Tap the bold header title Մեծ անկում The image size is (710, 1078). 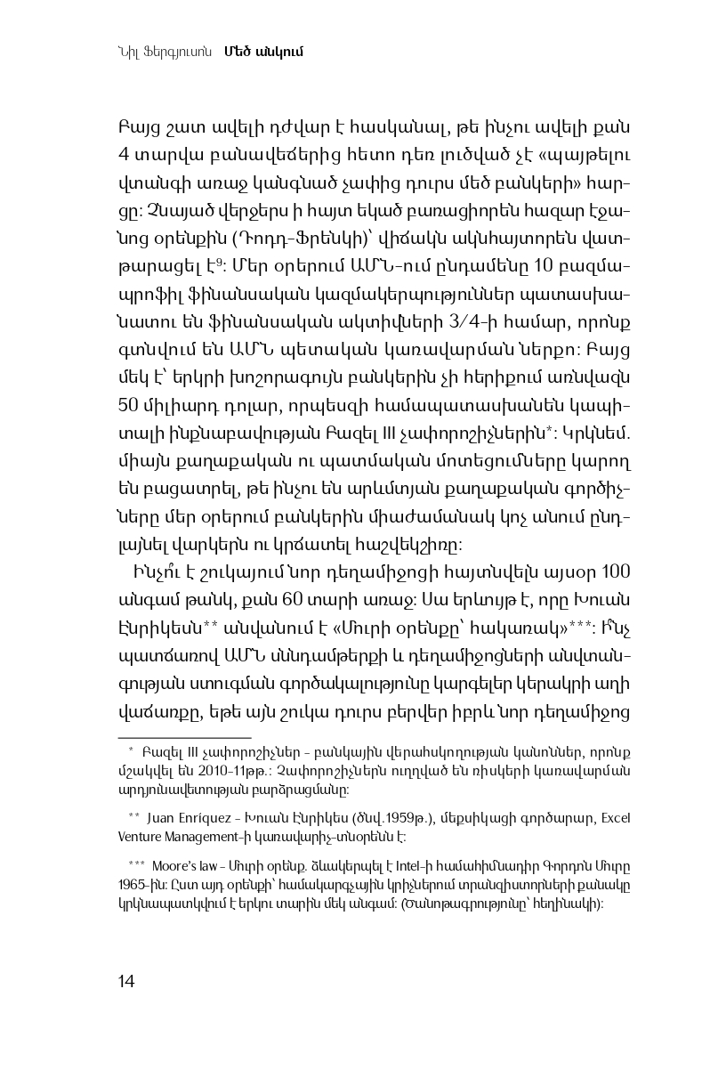265,51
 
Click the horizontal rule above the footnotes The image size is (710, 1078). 184,737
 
